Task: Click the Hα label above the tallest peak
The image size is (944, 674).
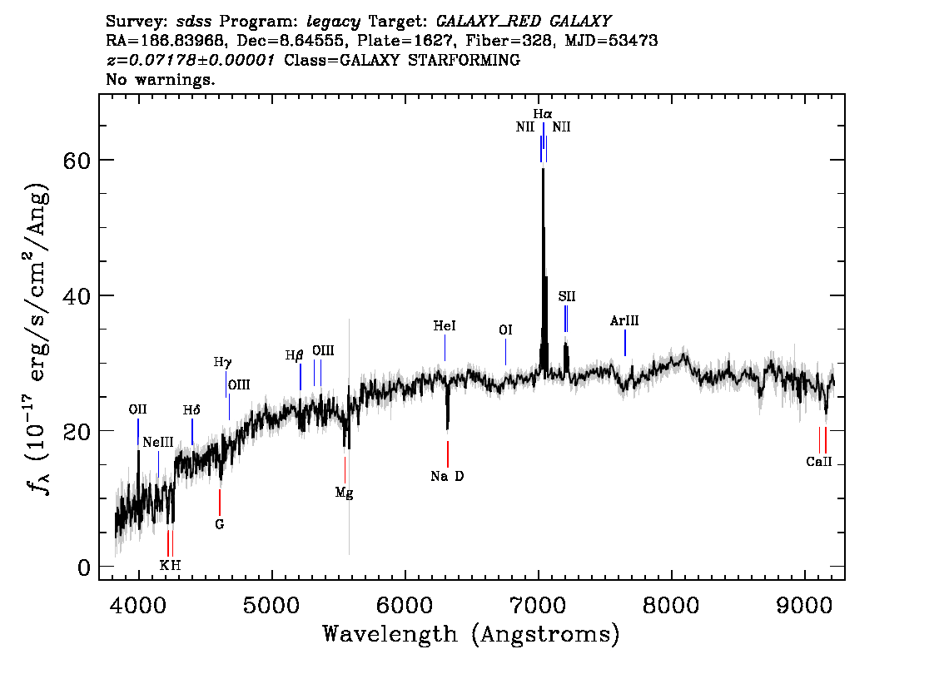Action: pos(543,114)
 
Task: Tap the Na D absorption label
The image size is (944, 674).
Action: pos(447,477)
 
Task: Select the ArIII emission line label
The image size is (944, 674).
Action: pos(624,320)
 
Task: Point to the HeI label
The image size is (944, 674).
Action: pos(445,326)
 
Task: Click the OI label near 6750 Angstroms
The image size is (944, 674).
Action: pos(506,330)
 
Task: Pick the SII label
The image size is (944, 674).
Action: pos(567,297)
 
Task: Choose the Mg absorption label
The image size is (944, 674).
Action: pos(345,493)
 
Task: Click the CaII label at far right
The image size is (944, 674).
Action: pos(819,462)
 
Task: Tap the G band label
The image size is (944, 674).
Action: pos(219,525)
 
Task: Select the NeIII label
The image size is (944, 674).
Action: pos(157,443)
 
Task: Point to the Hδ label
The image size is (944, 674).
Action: pos(191,410)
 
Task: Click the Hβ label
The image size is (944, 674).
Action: pos(294,355)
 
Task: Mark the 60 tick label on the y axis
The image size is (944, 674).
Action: pos(77,161)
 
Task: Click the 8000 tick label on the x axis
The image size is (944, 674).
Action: pos(671,605)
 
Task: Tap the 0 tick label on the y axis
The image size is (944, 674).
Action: pos(84,567)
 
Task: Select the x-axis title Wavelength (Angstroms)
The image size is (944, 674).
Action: pos(471,634)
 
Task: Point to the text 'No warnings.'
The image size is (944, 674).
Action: pos(161,79)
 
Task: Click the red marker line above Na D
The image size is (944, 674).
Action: pos(447,453)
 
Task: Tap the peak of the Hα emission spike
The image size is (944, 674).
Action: pos(543,169)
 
